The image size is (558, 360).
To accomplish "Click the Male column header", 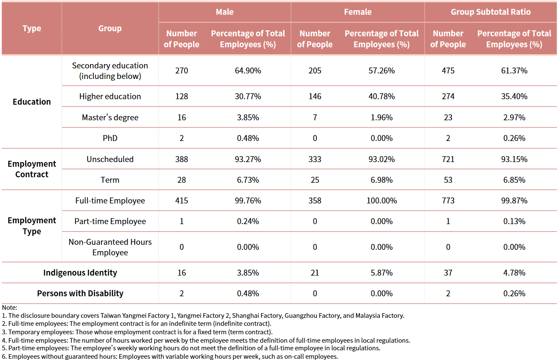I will point(224,12).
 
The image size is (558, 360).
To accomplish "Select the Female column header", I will point(357,12).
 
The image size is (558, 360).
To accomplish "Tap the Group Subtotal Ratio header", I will point(490,12).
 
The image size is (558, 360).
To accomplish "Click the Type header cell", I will point(32,28).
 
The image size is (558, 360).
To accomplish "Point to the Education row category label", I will point(32,102).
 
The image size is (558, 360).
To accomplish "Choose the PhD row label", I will point(110,138).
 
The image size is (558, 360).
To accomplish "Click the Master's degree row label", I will point(110,117).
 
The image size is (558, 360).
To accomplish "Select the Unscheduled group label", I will point(110,159).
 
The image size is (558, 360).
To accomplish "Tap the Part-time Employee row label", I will point(110,221).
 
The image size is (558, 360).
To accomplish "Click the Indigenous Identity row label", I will point(80,273).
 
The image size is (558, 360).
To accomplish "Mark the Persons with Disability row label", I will point(80,293).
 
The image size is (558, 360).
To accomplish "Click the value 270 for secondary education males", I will point(182,70).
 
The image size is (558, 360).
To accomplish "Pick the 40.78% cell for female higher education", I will point(381,96).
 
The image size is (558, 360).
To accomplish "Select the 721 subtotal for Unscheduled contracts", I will point(448,159).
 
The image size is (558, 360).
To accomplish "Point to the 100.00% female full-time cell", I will point(381,200).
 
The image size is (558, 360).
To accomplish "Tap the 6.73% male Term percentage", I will point(248,180).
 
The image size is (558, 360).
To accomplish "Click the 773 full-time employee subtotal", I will point(448,200).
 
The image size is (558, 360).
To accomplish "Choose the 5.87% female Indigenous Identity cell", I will point(381,273).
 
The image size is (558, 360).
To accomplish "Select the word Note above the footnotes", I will point(9,308).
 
